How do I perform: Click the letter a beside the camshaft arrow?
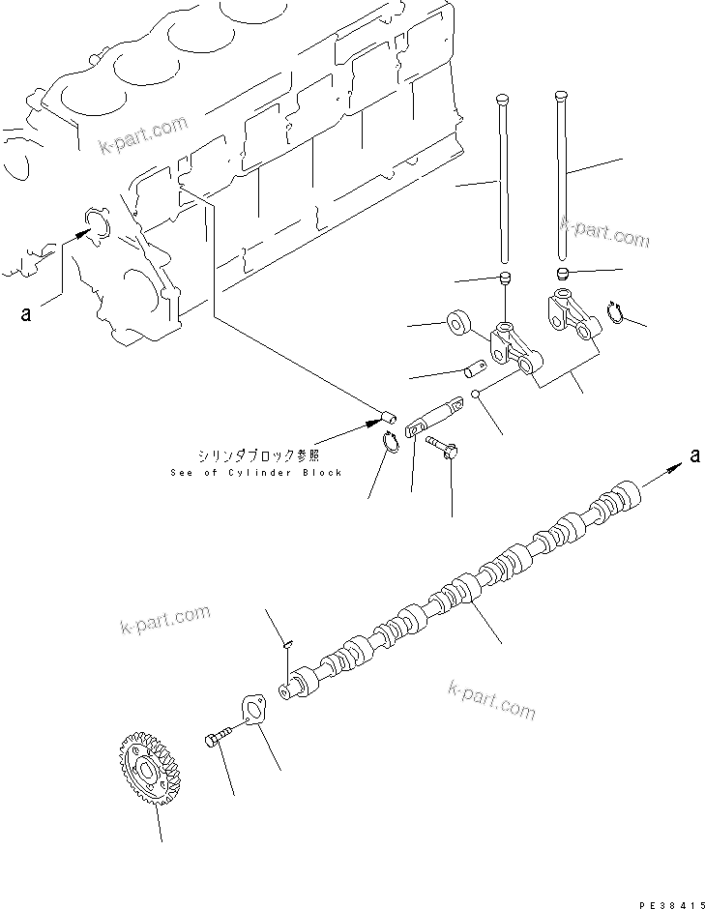pyautogui.click(x=694, y=456)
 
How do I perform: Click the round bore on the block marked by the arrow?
pyautogui.click(x=99, y=223)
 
